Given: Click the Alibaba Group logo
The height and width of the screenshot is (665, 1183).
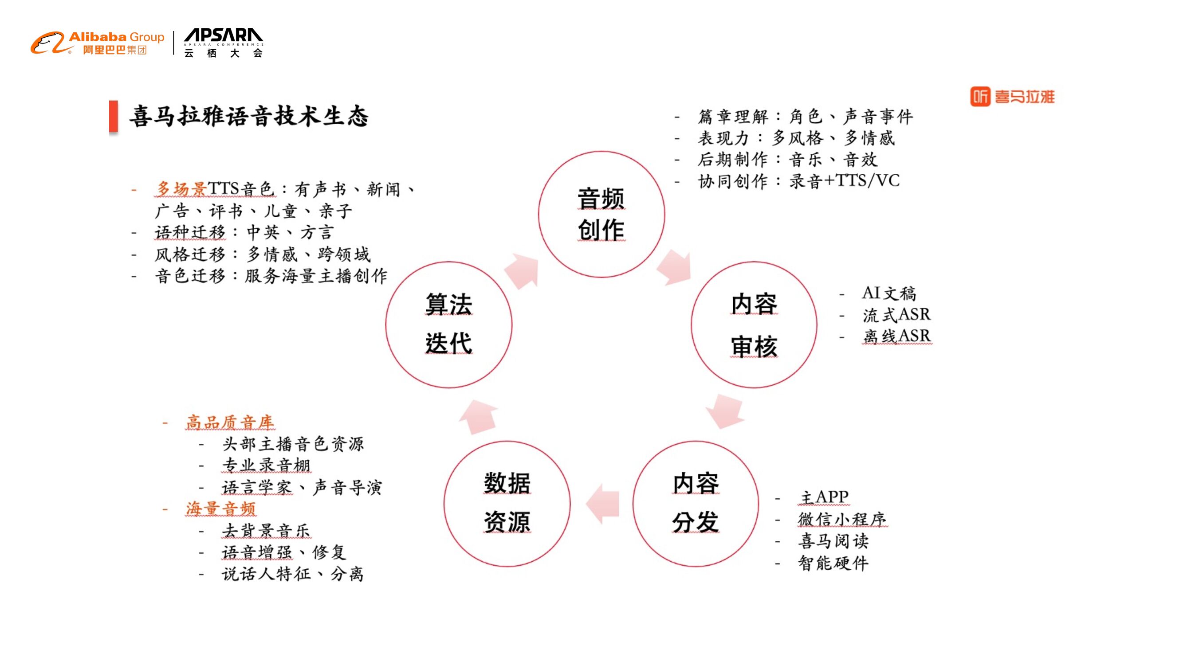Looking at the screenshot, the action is click(97, 43).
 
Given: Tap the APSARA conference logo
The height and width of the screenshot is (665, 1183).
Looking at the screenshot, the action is click(223, 43).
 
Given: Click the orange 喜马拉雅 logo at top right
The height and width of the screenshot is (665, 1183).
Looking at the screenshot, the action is click(1012, 96).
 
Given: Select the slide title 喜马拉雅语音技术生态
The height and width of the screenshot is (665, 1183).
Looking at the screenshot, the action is click(248, 116).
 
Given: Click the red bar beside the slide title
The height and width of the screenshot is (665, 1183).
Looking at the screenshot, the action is click(114, 117).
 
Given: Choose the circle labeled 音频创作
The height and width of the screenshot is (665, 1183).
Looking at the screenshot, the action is click(601, 214).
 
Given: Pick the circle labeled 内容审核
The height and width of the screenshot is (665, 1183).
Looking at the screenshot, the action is click(754, 325).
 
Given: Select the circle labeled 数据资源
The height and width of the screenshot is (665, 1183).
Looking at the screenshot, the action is click(507, 504).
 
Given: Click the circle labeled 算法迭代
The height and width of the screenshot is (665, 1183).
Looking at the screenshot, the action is click(449, 325).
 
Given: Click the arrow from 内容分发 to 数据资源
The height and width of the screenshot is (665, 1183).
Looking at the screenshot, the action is click(602, 504).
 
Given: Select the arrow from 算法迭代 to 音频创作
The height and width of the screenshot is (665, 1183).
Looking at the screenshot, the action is click(523, 271).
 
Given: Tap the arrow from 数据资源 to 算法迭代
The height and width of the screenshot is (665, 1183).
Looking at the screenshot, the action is click(478, 416).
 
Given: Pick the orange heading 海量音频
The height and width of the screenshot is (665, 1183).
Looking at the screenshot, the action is click(220, 509).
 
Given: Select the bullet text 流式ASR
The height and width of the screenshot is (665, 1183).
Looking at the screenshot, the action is click(896, 315).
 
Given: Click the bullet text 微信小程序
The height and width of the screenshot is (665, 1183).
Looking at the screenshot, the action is click(842, 519).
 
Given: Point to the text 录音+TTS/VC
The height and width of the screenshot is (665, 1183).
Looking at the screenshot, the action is click(844, 181).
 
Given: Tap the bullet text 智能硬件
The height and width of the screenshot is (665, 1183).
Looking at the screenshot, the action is click(833, 563).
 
